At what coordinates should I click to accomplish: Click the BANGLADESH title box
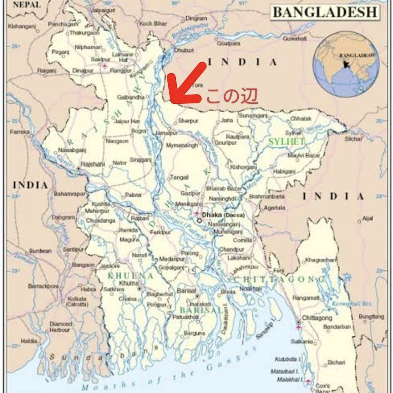click(x=325, y=12)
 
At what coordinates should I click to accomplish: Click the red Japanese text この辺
click(x=232, y=96)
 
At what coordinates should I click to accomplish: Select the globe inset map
click(x=346, y=64)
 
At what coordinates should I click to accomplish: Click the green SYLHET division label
click(x=286, y=142)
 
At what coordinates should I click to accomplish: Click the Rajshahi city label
click(x=92, y=164)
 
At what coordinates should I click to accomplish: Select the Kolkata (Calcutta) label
click(x=77, y=301)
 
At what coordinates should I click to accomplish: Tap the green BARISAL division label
click(x=201, y=310)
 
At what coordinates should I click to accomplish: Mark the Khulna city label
click(x=129, y=283)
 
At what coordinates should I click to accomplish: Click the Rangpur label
click(x=120, y=71)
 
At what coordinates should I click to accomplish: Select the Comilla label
click(x=242, y=240)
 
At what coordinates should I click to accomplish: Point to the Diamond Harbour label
click(x=60, y=327)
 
